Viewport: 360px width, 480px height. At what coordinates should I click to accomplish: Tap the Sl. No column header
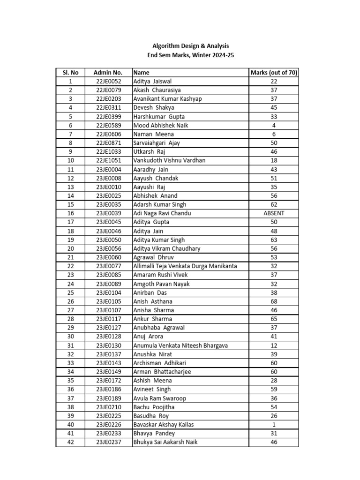70,73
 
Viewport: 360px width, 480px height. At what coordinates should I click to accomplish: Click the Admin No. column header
108,73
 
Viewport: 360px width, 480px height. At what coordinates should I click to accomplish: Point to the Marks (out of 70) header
274,73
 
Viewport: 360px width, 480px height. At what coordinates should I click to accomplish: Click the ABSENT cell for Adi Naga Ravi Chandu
274,213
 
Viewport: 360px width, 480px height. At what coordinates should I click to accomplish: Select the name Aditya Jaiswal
153,82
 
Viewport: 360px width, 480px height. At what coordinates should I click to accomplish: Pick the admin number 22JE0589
108,125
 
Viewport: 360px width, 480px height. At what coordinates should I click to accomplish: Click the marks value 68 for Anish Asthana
274,301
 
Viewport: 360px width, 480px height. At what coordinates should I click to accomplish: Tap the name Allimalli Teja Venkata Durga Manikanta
185,266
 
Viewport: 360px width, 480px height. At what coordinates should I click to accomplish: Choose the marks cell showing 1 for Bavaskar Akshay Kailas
274,425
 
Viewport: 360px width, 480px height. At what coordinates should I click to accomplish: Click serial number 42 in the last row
70,442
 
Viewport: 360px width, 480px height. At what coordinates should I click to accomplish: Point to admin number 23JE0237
108,442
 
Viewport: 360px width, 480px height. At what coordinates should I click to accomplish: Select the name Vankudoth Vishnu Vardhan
169,160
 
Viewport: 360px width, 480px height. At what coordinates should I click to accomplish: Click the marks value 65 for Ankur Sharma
274,319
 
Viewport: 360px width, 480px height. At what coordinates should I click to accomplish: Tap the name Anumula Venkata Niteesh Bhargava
180,345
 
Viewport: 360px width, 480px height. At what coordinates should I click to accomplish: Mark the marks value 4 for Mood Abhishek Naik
274,125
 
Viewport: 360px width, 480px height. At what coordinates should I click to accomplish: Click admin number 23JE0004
108,169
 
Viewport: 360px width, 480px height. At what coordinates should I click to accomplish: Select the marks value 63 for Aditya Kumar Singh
274,240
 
